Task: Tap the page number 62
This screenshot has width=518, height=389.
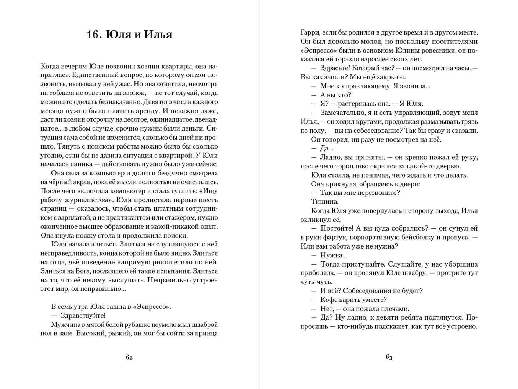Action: coord(129,357)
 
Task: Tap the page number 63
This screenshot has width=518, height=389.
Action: coord(389,357)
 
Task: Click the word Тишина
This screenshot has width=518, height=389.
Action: coord(324,201)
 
